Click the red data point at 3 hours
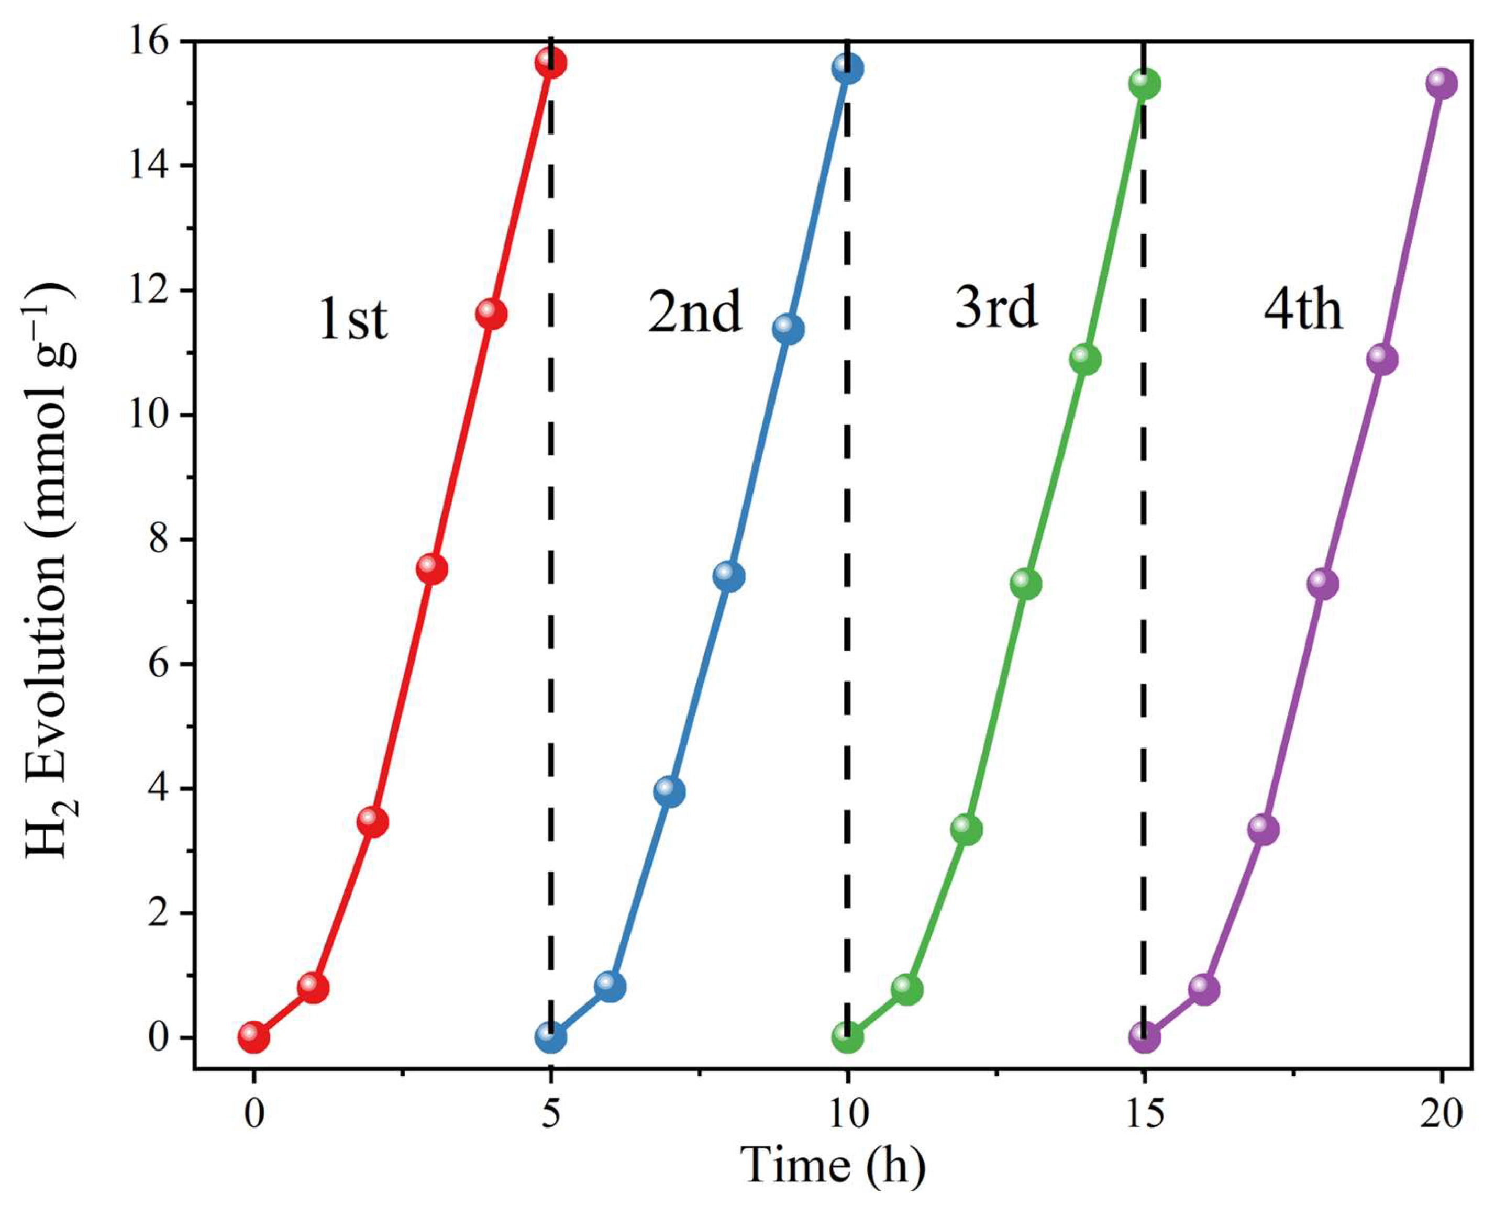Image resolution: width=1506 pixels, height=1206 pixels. click(x=431, y=569)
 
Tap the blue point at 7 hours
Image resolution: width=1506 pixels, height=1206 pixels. click(x=669, y=792)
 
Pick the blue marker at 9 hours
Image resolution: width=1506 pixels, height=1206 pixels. click(x=788, y=329)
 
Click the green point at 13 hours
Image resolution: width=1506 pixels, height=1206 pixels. click(x=1025, y=583)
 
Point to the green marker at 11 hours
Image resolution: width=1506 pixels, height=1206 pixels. click(x=906, y=989)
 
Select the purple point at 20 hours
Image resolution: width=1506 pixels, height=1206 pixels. click(x=1441, y=84)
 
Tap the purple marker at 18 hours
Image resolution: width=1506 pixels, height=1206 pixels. click(x=1322, y=583)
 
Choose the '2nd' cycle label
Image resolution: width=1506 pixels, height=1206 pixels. click(x=694, y=312)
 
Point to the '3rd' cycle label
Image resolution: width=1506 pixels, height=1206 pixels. click(x=996, y=307)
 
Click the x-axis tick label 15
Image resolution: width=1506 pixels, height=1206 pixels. click(x=1144, y=1113)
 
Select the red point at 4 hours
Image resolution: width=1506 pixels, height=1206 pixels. click(x=491, y=314)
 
